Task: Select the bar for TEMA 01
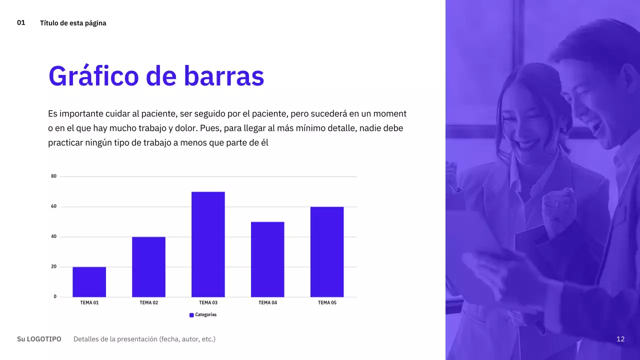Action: click(x=89, y=282)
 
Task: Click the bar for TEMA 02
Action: click(x=148, y=267)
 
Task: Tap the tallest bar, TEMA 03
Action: click(x=208, y=244)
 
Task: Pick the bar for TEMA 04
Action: click(x=267, y=259)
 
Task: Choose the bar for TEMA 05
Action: click(x=327, y=252)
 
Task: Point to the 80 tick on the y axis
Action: click(x=54, y=176)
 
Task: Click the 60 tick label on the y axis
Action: click(x=54, y=206)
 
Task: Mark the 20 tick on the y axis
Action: click(x=54, y=266)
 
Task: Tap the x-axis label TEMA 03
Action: click(x=208, y=302)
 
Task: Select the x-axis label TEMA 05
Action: click(x=327, y=302)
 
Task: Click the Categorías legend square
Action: click(x=191, y=315)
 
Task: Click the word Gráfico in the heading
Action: click(x=93, y=76)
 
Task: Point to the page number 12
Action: click(x=620, y=339)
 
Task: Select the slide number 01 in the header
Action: click(x=21, y=22)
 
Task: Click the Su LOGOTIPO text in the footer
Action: click(x=39, y=339)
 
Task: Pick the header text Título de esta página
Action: click(x=73, y=23)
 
